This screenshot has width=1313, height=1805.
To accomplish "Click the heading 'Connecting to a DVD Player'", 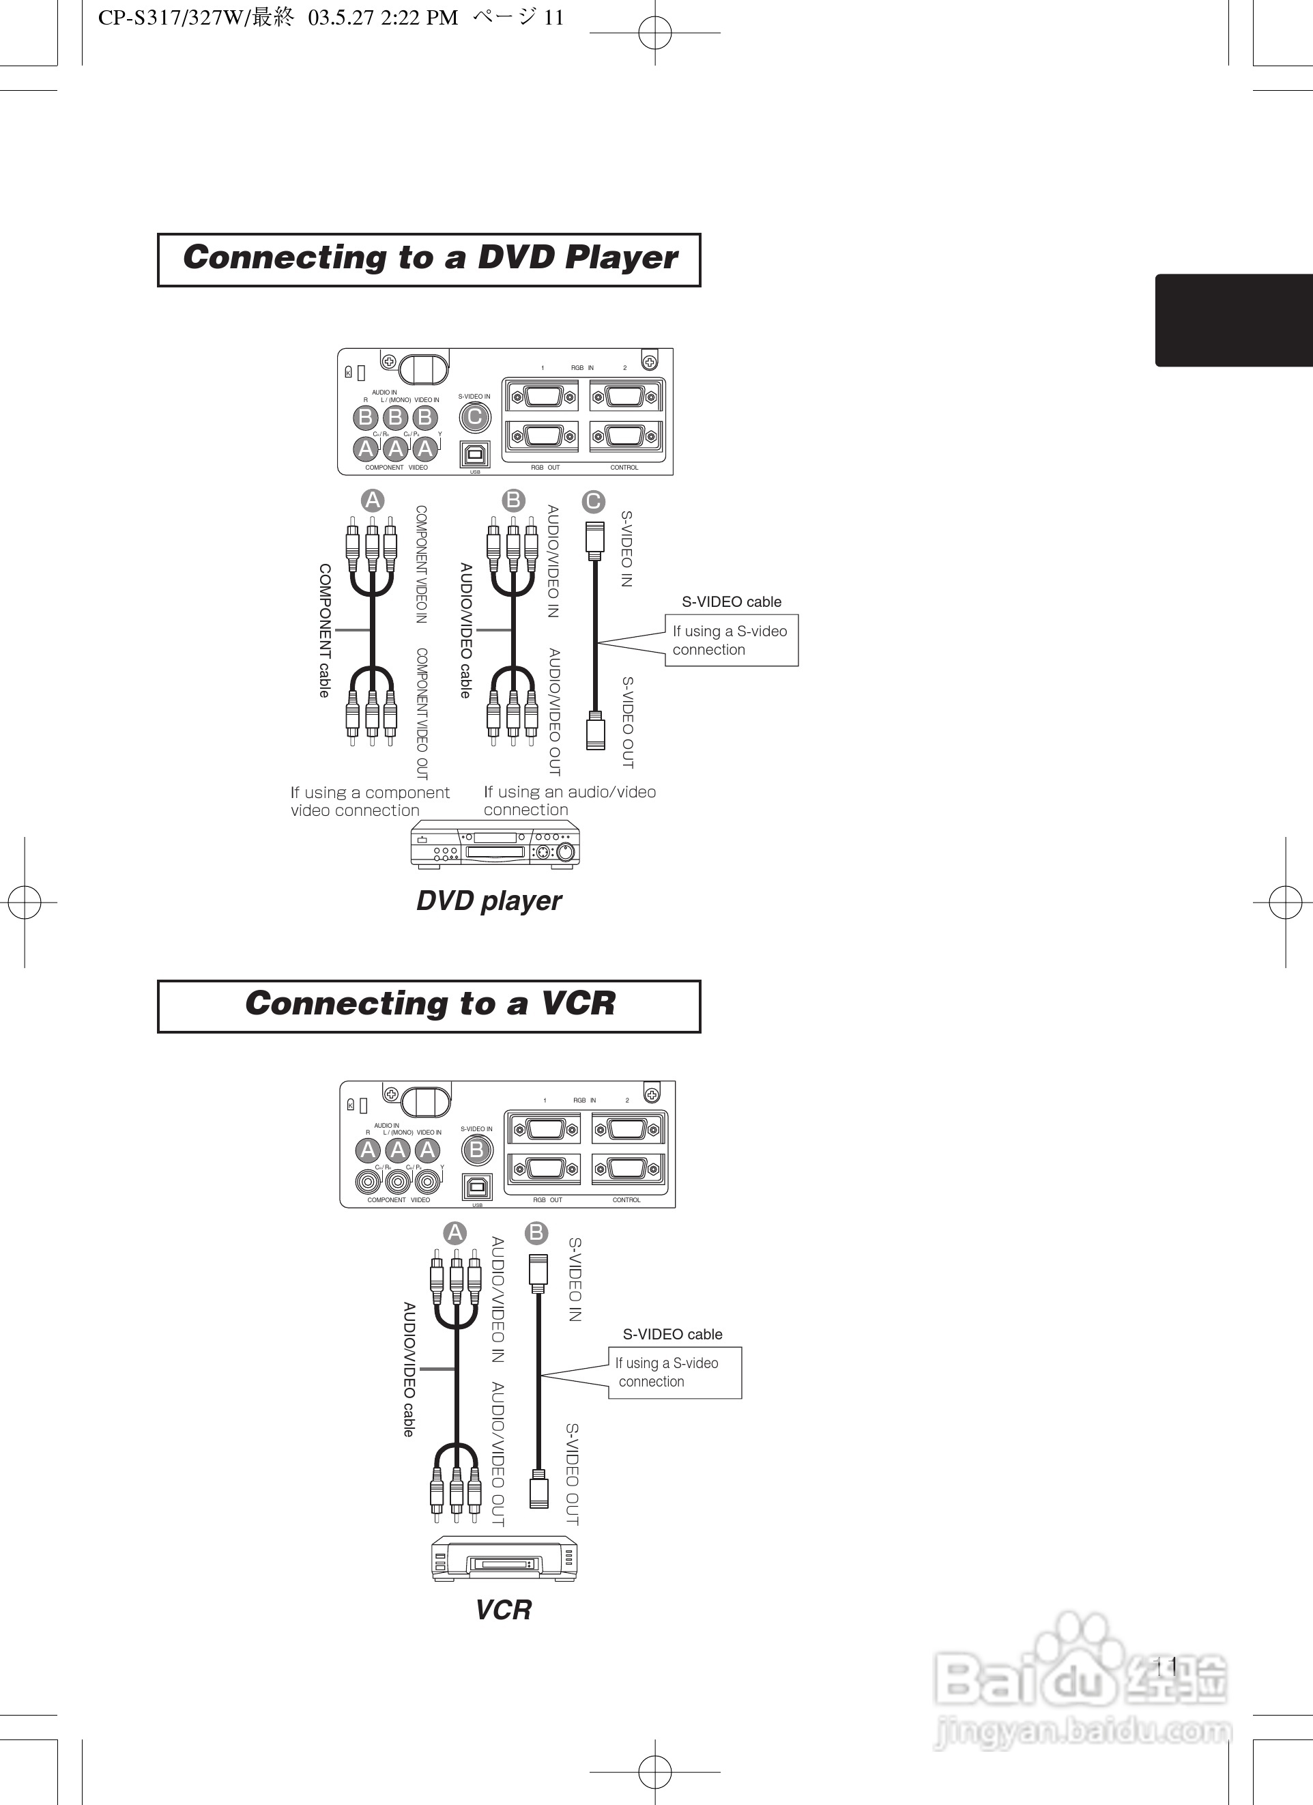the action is pyautogui.click(x=429, y=259).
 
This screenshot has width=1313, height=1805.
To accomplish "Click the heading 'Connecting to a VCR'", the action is pyautogui.click(x=429, y=1005).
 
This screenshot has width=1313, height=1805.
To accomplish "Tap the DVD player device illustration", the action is pyautogui.click(x=495, y=845).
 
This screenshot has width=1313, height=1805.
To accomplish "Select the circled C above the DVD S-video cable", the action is pyautogui.click(x=593, y=501).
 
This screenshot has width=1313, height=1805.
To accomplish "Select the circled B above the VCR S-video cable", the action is pyautogui.click(x=536, y=1233).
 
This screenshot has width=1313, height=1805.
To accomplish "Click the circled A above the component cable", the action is pyautogui.click(x=373, y=500).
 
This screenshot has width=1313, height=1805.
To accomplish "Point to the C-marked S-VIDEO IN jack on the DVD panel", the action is pyautogui.click(x=475, y=416).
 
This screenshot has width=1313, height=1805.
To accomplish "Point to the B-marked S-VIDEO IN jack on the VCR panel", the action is pyautogui.click(x=476, y=1150).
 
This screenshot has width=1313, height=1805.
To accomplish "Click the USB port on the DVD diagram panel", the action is pyautogui.click(x=475, y=453).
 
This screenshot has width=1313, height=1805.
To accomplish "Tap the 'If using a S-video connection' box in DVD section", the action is pyautogui.click(x=730, y=640).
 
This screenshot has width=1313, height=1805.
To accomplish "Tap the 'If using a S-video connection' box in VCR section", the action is pyautogui.click(x=674, y=1372).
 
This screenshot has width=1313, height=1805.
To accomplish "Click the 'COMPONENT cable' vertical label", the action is pyautogui.click(x=325, y=630).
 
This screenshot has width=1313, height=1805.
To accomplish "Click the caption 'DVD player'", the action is pyautogui.click(x=489, y=901).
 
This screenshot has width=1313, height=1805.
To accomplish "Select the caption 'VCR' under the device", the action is pyautogui.click(x=503, y=1610).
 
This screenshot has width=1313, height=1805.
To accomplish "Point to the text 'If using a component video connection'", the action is pyautogui.click(x=369, y=801).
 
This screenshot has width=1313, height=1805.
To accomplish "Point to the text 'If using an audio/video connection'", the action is pyautogui.click(x=570, y=801).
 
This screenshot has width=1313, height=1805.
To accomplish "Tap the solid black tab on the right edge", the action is pyautogui.click(x=1233, y=320).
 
